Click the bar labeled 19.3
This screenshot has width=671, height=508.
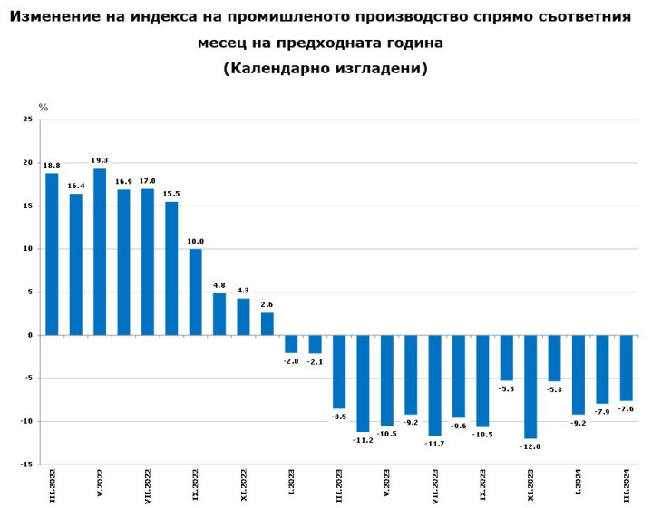tap(100, 252)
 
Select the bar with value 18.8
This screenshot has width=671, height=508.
tap(52, 254)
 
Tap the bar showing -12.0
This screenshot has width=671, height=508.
tap(530, 387)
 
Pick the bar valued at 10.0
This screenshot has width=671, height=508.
tap(195, 292)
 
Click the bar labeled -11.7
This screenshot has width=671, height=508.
tap(434, 385)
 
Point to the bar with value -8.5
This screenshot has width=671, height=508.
tap(339, 371)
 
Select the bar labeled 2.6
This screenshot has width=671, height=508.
tap(267, 323)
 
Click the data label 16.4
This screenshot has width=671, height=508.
tap(76, 187)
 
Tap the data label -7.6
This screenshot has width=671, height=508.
tap(627, 409)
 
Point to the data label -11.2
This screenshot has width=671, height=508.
tap(363, 440)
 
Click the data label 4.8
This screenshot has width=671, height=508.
tap(219, 286)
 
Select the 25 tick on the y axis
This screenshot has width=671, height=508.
tap(28, 120)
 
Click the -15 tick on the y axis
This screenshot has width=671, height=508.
tap(26, 465)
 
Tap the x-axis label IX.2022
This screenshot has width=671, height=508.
tap(196, 484)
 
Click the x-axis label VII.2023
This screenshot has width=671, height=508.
tap(435, 484)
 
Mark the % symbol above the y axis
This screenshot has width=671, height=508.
tap(43, 108)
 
